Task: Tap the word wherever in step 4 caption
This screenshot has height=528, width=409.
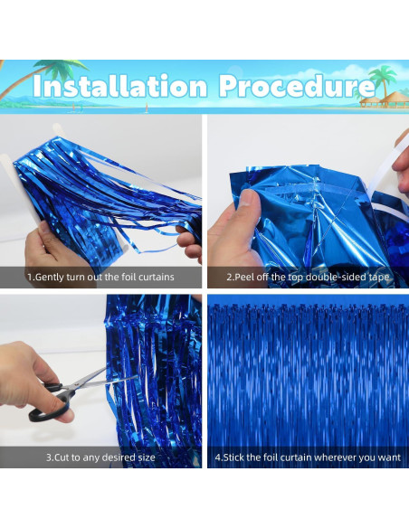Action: (x=344, y=457)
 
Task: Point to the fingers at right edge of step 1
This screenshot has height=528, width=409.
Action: (x=192, y=244)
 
